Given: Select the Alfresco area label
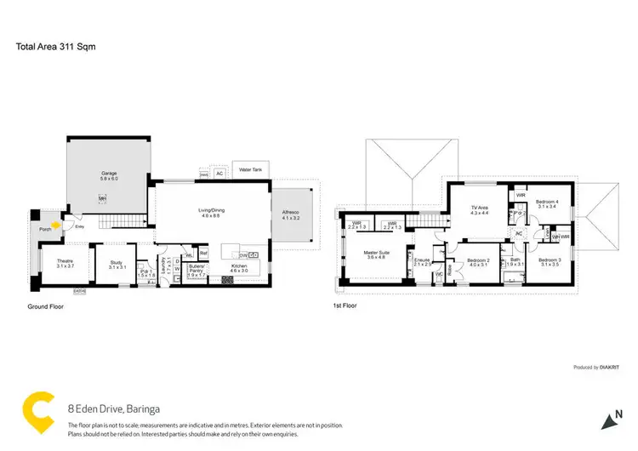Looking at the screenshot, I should (290, 215).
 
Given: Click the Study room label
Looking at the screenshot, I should (117, 265).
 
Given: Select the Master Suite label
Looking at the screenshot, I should (376, 254).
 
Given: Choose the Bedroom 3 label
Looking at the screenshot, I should (549, 261).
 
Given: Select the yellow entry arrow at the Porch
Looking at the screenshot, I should (56, 225).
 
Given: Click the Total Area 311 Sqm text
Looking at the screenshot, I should (55, 48).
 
